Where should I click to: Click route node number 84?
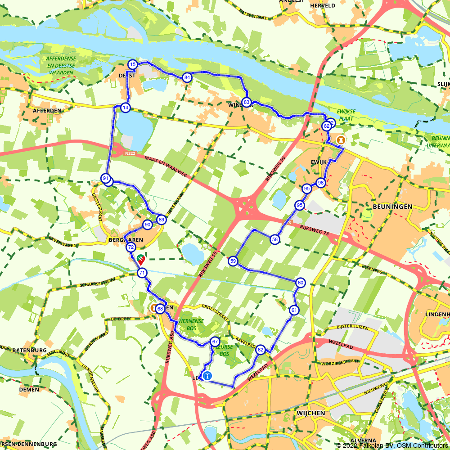coord(187,77)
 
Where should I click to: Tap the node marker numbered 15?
coord(132,65)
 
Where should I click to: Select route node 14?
coord(126,108)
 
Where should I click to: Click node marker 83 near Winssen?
coord(247,103)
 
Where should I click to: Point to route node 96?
coord(320,183)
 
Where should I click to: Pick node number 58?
coord(274,239)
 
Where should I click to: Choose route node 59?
coord(233,261)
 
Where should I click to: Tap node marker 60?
coord(300,283)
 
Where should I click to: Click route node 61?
coord(294,310)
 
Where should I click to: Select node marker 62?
coord(260,350)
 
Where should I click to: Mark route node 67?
coord(215,342)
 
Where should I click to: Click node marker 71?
coord(142,273)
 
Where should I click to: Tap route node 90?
coord(147,225)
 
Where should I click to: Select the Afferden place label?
coord(47,110)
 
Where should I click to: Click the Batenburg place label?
coord(30,350)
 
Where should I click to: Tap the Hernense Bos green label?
coord(191,324)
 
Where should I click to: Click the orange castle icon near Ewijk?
coord(341,140)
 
